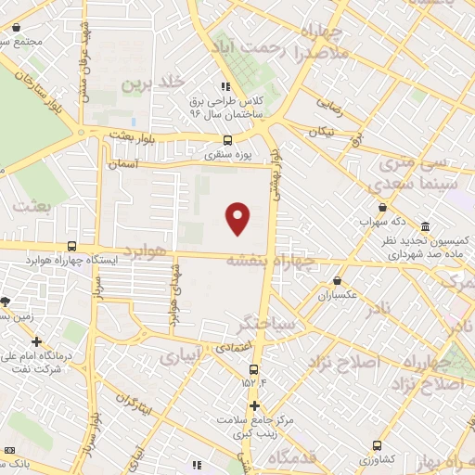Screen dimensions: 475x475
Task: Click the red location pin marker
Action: point(238,218)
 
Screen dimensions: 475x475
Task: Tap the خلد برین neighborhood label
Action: point(149,84)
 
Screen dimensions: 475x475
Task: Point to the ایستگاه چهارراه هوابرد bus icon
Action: point(72,246)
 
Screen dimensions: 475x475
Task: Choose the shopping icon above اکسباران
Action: point(337,280)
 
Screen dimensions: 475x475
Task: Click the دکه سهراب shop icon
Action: point(381,209)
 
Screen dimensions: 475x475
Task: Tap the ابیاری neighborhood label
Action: point(181,354)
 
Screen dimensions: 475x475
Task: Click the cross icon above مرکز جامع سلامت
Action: point(254,405)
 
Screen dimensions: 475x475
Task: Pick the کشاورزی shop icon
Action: point(376,445)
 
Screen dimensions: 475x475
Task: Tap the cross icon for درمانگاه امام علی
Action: point(36,342)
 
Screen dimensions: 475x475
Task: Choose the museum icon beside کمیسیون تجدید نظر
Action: point(425,227)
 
